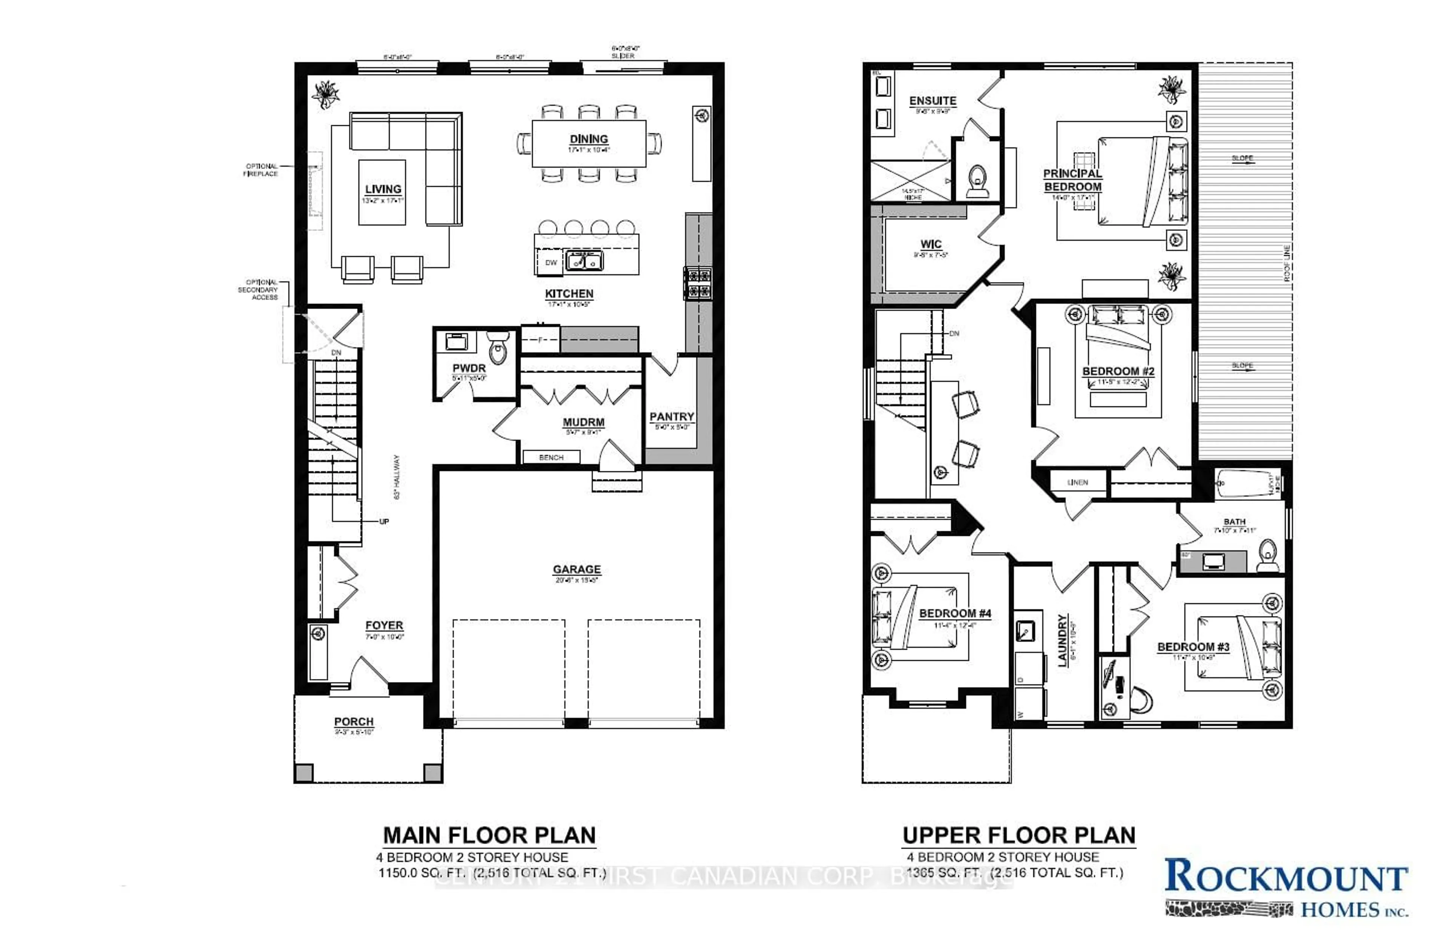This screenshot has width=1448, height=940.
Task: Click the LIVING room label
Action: click(x=383, y=189)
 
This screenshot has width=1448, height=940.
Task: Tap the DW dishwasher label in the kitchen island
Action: click(x=551, y=263)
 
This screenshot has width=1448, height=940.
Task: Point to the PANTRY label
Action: click(x=672, y=417)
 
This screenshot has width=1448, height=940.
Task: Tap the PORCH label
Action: click(x=353, y=722)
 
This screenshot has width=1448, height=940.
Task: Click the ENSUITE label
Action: click(x=932, y=101)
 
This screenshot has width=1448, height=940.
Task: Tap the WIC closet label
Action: click(x=931, y=244)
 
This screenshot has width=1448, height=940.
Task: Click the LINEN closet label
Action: click(x=1077, y=482)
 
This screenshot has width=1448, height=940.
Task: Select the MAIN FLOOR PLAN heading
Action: click(x=489, y=836)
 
